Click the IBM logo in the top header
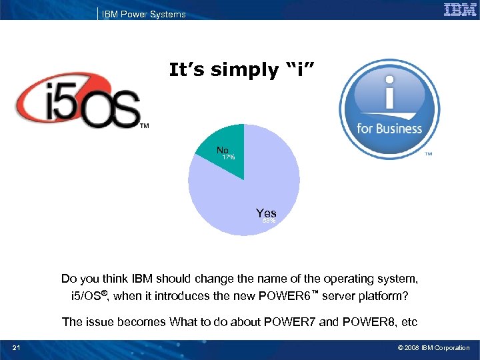pos(459,10)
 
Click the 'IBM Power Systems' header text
pos(143,14)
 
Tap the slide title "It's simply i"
pos(246,69)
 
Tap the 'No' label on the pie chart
pos(223,151)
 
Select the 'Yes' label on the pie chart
pos(266,213)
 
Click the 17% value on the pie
pos(228,158)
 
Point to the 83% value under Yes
pos(269,221)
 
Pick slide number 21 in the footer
pos(16,347)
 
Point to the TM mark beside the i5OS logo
pos(143,125)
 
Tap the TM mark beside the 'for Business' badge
pos(428,153)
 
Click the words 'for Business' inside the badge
pos(389,129)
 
